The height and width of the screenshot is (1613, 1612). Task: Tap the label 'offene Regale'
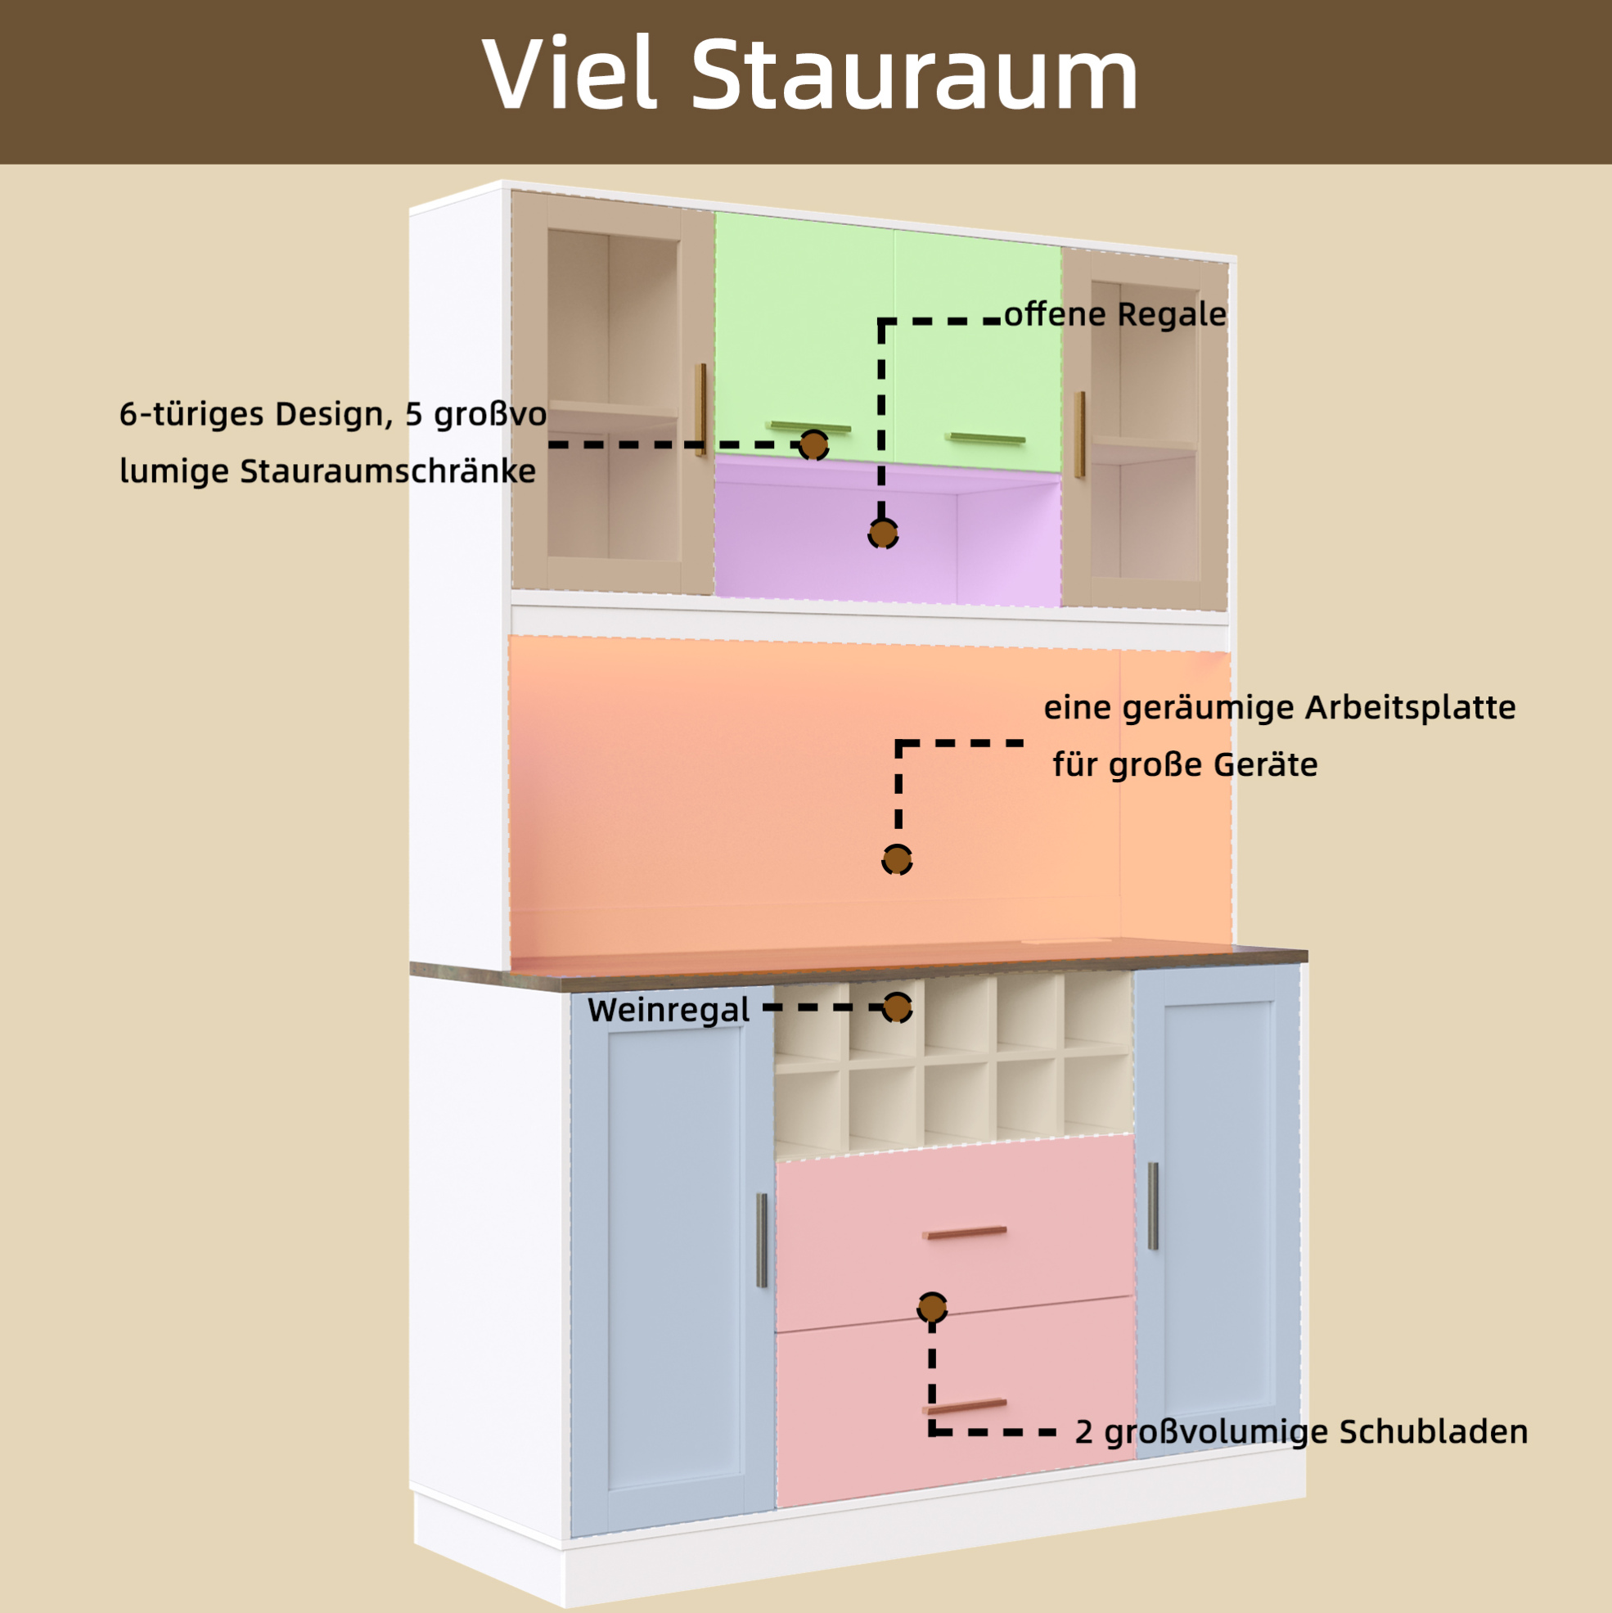(x=1114, y=314)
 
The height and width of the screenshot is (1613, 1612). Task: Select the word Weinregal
(x=669, y=1009)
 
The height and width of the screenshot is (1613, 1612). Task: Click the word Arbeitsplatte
(x=1410, y=707)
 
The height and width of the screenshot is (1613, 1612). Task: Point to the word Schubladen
(x=1434, y=1432)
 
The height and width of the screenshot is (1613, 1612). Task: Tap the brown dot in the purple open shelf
(x=882, y=533)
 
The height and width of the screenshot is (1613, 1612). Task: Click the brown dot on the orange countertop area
(x=897, y=859)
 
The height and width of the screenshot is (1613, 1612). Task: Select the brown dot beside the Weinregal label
(x=898, y=1007)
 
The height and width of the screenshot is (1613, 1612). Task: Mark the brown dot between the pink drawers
(x=933, y=1308)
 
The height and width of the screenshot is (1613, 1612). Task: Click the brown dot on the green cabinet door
(x=813, y=445)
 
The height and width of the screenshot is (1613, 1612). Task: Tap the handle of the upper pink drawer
(x=964, y=1232)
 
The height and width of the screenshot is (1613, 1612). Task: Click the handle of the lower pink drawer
(x=964, y=1406)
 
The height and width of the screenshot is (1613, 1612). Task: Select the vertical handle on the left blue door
(x=761, y=1240)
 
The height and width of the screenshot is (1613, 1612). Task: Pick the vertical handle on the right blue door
(x=1153, y=1206)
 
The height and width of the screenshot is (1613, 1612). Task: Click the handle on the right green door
(x=985, y=439)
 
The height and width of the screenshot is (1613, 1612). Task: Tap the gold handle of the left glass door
(x=701, y=409)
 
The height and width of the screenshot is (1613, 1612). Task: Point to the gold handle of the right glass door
(x=1079, y=434)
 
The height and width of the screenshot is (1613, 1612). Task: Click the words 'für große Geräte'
(x=1185, y=764)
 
